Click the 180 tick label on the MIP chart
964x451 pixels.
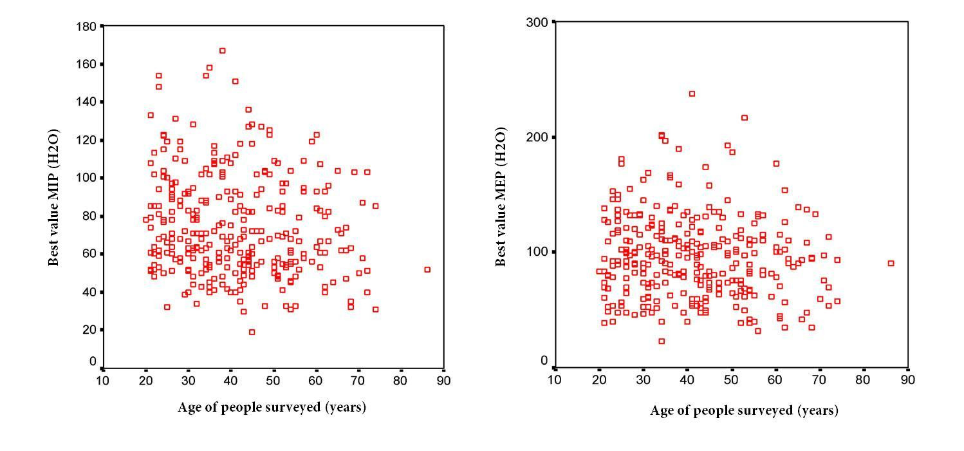tap(88, 26)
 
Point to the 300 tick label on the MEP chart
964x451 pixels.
tap(539, 23)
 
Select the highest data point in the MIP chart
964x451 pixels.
tap(223, 51)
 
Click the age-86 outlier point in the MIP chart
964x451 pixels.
tap(427, 270)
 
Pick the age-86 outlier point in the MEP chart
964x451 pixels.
tap(891, 264)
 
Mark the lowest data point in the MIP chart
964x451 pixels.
tap(252, 332)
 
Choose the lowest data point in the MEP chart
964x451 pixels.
tap(662, 341)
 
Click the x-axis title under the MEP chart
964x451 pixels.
tap(744, 410)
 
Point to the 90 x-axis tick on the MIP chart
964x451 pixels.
tap(443, 380)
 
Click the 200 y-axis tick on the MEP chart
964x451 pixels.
tap(539, 137)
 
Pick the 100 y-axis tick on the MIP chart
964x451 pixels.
tap(88, 178)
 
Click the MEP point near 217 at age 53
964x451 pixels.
tap(745, 118)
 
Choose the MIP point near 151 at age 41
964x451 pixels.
tap(236, 81)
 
